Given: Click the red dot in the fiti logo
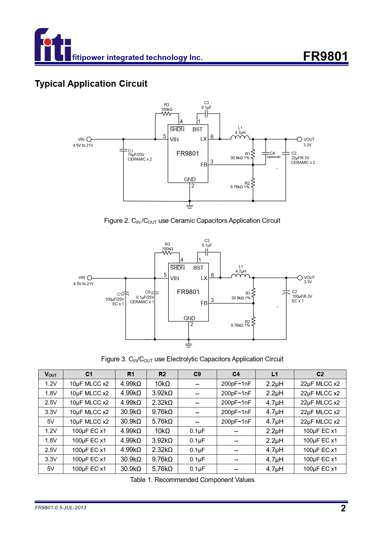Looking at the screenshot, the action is click(48, 42).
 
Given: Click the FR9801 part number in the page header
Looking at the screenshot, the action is click(326, 56).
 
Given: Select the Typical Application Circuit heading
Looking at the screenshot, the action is click(91, 84).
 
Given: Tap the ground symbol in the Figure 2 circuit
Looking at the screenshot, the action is click(190, 206).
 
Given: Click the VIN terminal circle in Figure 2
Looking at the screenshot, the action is click(89, 139).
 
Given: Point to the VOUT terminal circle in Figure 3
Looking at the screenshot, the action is click(300, 278).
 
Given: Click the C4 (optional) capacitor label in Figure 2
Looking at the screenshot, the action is click(273, 155).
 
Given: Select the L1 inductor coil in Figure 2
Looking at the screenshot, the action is click(240, 137).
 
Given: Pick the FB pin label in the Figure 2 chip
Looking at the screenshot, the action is click(204, 165).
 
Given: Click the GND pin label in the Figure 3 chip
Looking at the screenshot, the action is click(189, 318).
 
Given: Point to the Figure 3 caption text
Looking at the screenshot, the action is click(192, 359).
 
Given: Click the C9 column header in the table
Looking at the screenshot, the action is click(197, 374).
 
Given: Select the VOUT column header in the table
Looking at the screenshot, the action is click(51, 374).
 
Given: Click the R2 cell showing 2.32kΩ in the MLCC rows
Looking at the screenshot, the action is click(162, 403).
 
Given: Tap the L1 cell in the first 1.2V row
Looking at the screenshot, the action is click(274, 384).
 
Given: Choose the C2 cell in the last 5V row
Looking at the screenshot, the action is click(320, 468).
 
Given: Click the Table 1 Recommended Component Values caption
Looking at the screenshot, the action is click(192, 480).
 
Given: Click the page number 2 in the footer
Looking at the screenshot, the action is click(343, 508).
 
